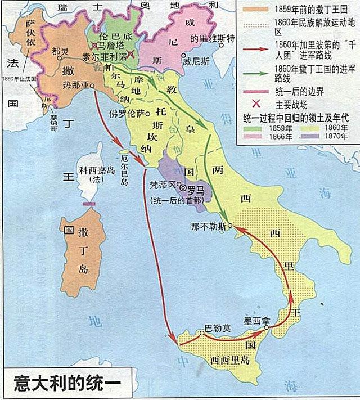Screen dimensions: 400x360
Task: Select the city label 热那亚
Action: (x=76, y=85)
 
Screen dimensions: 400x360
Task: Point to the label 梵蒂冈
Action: (x=164, y=184)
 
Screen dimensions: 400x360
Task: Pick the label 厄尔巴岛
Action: (x=124, y=169)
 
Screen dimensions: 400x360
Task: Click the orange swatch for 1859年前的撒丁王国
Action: (x=253, y=9)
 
